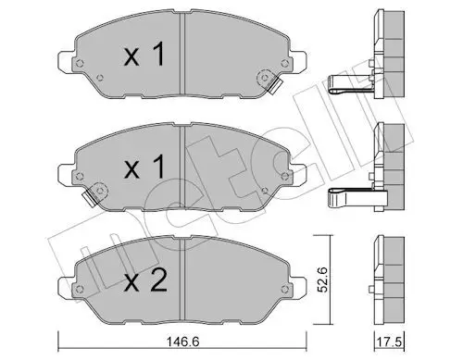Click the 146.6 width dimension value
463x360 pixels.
(183, 341)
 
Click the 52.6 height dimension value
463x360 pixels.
(322, 279)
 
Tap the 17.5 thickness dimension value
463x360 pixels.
(389, 341)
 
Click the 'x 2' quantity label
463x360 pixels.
(145, 280)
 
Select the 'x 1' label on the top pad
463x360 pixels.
(144, 55)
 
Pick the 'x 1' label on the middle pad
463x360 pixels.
(144, 167)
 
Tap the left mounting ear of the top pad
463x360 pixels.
(66, 60)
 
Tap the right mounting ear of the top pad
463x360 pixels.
(298, 60)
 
